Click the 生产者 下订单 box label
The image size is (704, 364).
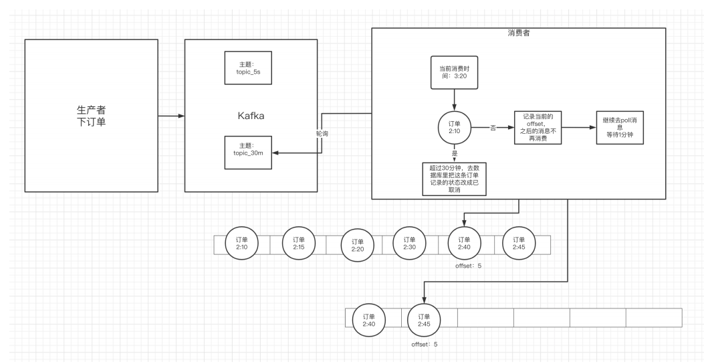(x=92, y=115)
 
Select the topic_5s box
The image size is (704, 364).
(x=247, y=68)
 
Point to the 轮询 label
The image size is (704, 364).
(x=322, y=134)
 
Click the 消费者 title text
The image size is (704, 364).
(x=519, y=34)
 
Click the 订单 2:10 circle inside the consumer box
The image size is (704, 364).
(x=455, y=126)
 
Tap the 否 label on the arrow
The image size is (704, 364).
(x=492, y=126)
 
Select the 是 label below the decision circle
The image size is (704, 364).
(x=455, y=153)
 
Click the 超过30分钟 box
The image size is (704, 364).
(x=454, y=178)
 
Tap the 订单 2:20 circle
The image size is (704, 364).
(x=357, y=246)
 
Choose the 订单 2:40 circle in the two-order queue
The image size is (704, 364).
(x=368, y=320)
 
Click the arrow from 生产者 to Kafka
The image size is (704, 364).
(x=170, y=116)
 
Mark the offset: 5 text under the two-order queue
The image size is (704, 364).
(x=425, y=345)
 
